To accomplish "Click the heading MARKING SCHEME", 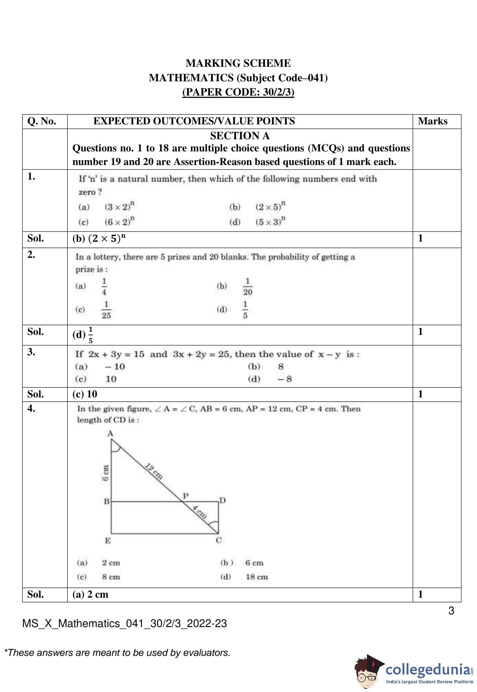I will (238, 63).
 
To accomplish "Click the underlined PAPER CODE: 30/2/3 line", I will (238, 92).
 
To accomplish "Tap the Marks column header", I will (432, 121).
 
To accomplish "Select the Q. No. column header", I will (42, 121).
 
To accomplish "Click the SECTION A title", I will (240, 136).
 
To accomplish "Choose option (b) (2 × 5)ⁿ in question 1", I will (270, 207).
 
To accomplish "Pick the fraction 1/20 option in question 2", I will (247, 287).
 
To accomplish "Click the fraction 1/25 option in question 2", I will (106, 310).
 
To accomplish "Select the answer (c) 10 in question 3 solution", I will (85, 394).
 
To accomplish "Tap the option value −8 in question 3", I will (284, 379).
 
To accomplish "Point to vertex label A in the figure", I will (110, 434).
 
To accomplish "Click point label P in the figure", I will (186, 496).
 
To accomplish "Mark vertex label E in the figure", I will (107, 540).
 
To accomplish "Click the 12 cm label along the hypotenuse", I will (154, 471).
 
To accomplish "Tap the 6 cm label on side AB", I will (105, 473).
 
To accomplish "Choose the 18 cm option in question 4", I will (257, 577).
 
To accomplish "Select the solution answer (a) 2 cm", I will (90, 594).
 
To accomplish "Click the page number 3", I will (451, 610).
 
